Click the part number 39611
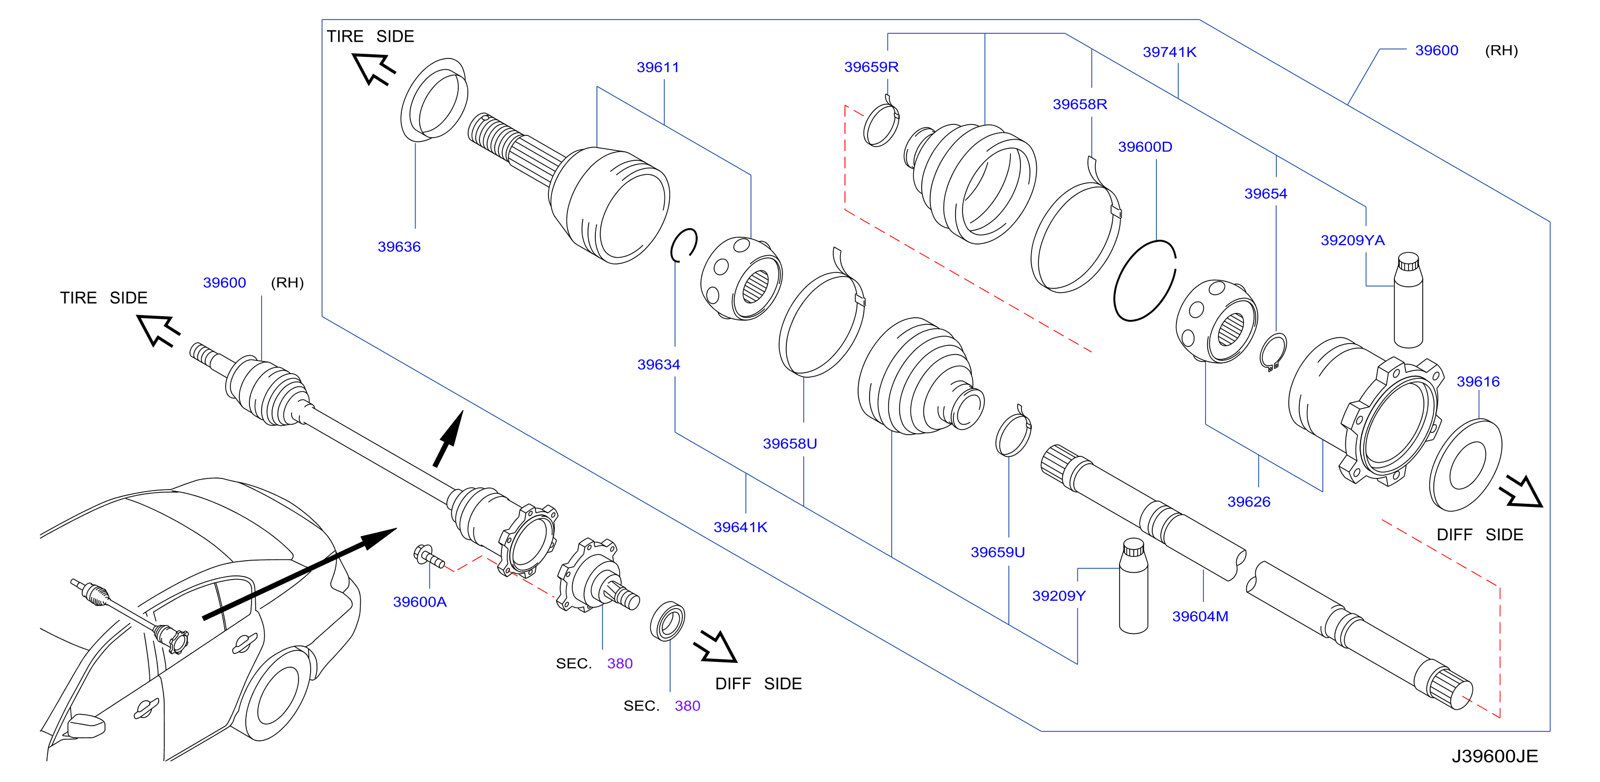point(658,67)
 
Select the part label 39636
point(399,247)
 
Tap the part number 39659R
point(871,66)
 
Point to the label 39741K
point(1170,52)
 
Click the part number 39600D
point(1145,146)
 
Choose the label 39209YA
point(1352,240)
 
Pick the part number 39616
point(1478,382)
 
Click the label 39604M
point(1200,617)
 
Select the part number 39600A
point(420,601)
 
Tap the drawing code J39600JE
point(1495,756)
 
